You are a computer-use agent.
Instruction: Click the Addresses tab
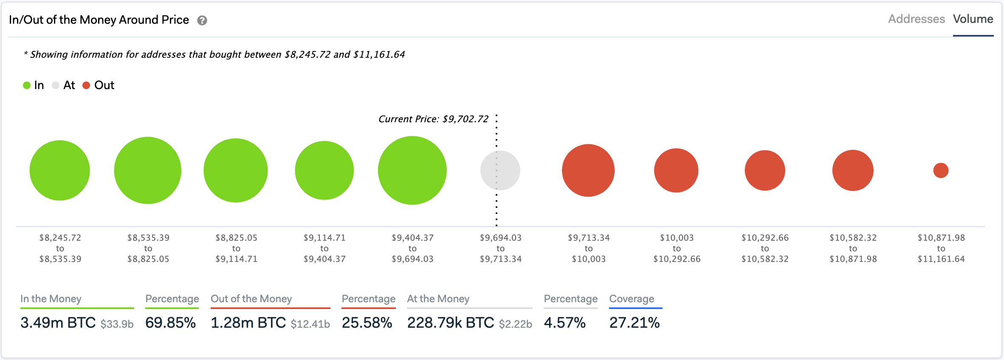point(917,19)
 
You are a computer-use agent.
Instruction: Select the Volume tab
point(973,19)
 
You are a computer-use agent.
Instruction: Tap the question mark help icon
point(202,20)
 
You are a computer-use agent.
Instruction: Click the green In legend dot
point(27,85)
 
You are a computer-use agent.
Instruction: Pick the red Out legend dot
point(86,85)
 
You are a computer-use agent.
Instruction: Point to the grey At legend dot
point(56,85)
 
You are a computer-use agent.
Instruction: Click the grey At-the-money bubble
point(500,170)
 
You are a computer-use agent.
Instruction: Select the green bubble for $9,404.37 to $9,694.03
point(412,170)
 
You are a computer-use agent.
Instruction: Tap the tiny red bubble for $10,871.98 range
point(941,170)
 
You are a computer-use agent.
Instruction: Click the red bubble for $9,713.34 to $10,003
point(588,170)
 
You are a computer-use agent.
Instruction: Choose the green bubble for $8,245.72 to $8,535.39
point(60,170)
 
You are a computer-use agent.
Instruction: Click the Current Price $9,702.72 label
point(433,119)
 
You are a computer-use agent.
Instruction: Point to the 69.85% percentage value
point(170,323)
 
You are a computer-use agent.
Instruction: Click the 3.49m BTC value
point(58,323)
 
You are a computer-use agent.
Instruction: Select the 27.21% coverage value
point(635,323)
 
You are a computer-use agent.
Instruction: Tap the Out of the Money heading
point(251,299)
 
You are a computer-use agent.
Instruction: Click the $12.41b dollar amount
point(310,324)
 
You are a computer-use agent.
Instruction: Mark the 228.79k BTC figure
point(451,323)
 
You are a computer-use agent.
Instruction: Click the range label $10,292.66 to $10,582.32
point(765,248)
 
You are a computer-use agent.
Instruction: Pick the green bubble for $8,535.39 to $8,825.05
point(148,170)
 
